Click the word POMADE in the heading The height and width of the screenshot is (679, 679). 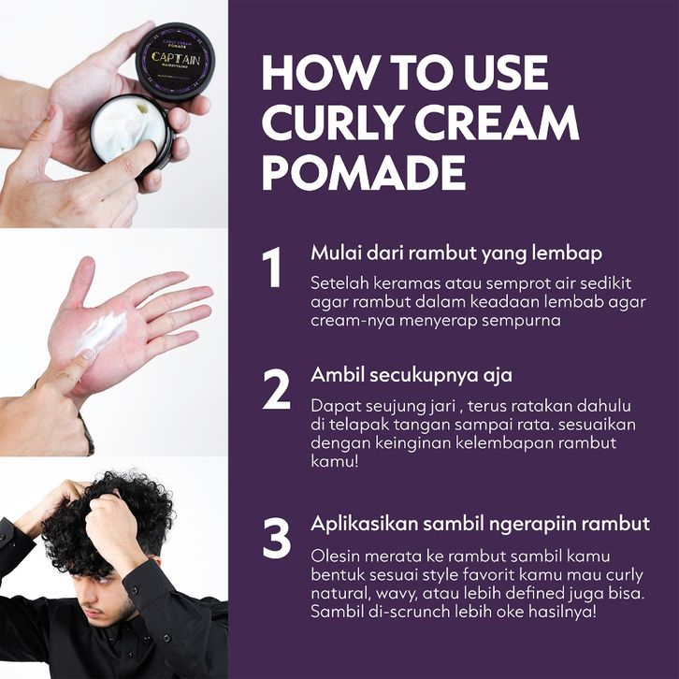364,172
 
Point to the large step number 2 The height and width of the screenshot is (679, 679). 276,390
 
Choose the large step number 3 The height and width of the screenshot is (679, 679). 276,539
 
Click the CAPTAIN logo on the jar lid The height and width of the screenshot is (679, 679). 176,59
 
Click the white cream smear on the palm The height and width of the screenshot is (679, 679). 104,329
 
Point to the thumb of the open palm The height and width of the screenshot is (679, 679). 80,282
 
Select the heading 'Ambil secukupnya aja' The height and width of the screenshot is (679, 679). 412,375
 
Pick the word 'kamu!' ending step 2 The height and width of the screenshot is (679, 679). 335,461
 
